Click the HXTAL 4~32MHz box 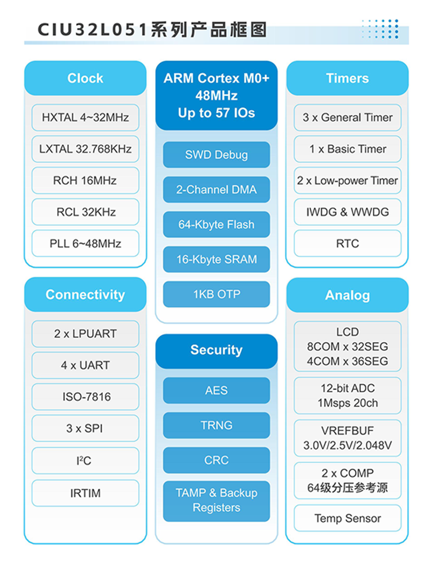tap(85, 118)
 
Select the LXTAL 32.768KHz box tap(85, 149)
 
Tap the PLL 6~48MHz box tap(85, 243)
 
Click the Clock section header tap(85, 78)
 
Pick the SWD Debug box tap(216, 155)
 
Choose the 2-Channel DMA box tap(216, 190)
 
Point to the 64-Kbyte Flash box tap(216, 224)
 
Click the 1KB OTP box tap(216, 294)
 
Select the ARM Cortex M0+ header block tap(216, 95)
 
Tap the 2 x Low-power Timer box tap(347, 180)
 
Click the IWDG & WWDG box tap(347, 212)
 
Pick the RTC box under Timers tap(347, 243)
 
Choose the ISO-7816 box tap(85, 397)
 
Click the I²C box tap(85, 461)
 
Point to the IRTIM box tap(85, 493)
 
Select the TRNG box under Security tap(216, 425)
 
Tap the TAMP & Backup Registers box tap(216, 500)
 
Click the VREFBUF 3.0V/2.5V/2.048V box tap(347, 438)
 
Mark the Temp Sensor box tap(347, 518)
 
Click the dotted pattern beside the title tap(380, 29)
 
